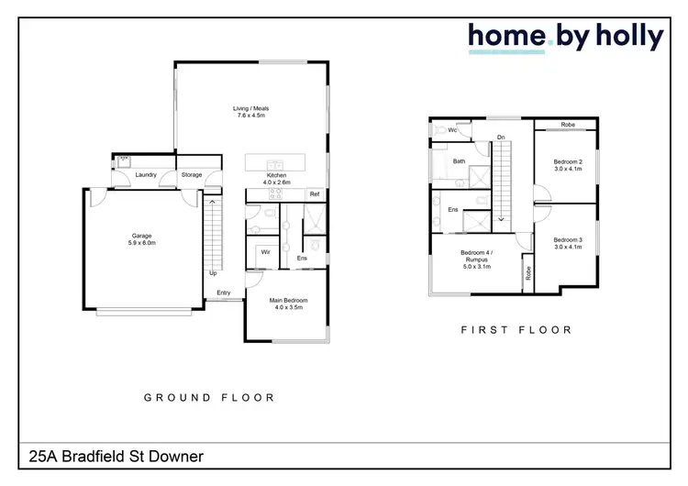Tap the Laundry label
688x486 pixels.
tap(145, 174)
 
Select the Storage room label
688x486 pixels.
tap(191, 174)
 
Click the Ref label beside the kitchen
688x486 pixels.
tap(314, 194)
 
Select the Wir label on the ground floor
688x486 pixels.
tap(264, 250)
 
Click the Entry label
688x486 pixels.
tap(224, 293)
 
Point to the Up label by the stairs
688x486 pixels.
tap(213, 272)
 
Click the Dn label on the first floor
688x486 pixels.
tap(501, 138)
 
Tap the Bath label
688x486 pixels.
tap(459, 161)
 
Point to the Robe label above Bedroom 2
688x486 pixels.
tap(568, 125)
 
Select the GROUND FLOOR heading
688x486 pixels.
tap(209, 398)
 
